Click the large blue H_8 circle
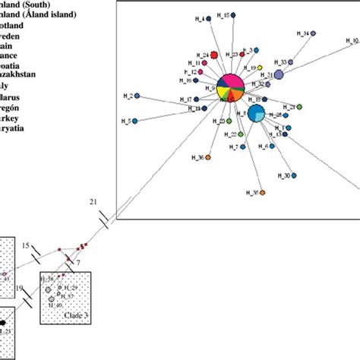click(257, 115)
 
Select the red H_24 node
click(215, 55)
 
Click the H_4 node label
click(200, 20)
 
